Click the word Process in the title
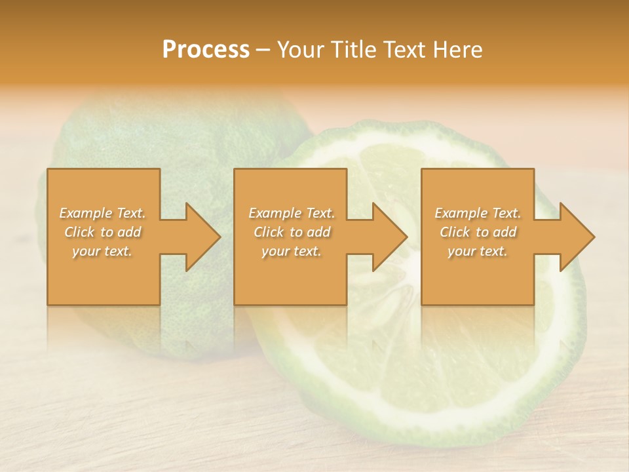click(206, 50)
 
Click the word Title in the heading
click(354, 50)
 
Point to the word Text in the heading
click(406, 50)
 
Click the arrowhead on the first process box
click(200, 237)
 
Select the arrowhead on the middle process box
click(387, 237)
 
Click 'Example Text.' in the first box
click(103, 213)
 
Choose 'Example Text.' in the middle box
click(292, 213)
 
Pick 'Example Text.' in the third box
click(478, 213)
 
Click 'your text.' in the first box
click(103, 251)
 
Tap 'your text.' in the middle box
click(292, 251)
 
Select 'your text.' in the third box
click(478, 251)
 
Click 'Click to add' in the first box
click(103, 232)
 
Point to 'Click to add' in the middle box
click(292, 232)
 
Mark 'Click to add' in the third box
click(478, 232)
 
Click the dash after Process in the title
click(263, 50)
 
